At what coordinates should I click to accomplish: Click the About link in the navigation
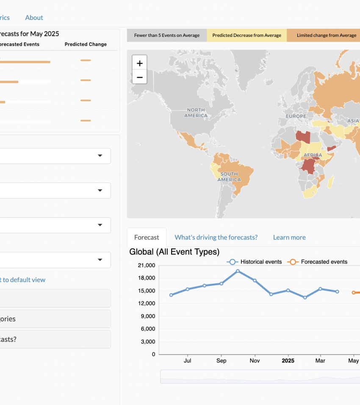click(34, 17)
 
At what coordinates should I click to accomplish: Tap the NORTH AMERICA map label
click(196, 113)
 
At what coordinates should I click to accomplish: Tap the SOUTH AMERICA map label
click(229, 177)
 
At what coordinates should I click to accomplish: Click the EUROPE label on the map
click(296, 116)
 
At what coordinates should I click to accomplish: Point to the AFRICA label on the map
click(313, 155)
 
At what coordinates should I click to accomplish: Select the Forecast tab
click(147, 237)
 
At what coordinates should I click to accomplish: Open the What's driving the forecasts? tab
click(216, 237)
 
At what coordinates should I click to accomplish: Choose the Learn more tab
click(289, 237)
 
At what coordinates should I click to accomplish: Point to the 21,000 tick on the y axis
click(147, 266)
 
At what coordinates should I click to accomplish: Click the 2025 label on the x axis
click(288, 361)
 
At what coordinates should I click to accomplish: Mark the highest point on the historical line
click(238, 271)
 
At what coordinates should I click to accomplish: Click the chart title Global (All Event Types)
click(174, 252)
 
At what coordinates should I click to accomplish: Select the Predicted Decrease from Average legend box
click(246, 35)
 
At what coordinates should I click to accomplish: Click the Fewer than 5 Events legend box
click(167, 35)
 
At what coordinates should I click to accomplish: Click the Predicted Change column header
click(86, 44)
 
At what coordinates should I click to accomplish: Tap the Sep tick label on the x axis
click(221, 361)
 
